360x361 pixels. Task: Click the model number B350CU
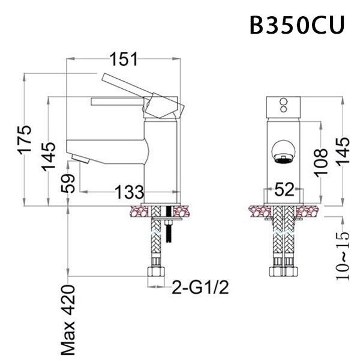(x=297, y=26)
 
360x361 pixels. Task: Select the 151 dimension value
(x=123, y=59)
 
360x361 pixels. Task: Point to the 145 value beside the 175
(x=49, y=156)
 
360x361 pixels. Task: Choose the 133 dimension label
(x=129, y=193)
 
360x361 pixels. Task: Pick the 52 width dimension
(x=285, y=190)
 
